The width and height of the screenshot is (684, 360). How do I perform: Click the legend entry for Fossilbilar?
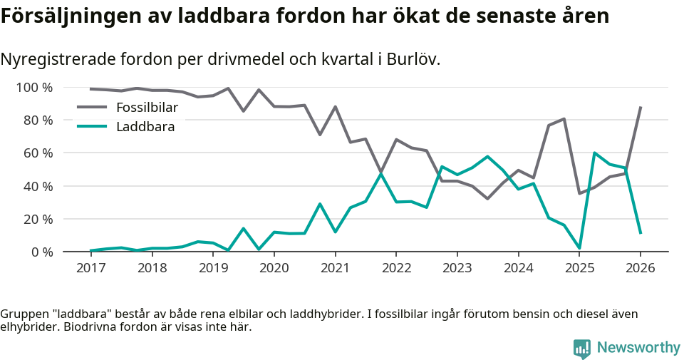point(147,108)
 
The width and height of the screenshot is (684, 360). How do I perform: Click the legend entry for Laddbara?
point(145,127)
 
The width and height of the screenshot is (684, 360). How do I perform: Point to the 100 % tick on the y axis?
point(34,88)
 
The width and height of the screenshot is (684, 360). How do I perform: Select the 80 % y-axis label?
point(38,120)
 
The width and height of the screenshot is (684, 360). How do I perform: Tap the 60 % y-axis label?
point(38,153)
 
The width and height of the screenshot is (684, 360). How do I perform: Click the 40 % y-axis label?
point(38,186)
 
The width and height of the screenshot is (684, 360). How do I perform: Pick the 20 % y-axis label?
point(38,219)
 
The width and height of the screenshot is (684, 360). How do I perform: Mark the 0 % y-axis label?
point(41,252)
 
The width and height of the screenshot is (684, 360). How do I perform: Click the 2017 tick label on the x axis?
point(90,268)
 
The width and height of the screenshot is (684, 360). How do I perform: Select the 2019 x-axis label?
point(213,268)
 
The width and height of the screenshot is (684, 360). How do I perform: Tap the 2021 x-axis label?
point(335,268)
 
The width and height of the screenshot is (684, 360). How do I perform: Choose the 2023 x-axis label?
point(457,268)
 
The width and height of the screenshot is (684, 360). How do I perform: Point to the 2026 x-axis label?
point(640,268)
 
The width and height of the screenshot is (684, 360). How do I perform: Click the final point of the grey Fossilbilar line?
point(641,107)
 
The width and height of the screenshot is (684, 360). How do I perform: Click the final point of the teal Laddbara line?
point(641,233)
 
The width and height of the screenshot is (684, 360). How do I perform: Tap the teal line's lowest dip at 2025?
point(579,248)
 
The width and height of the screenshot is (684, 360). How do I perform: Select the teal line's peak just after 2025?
point(594,153)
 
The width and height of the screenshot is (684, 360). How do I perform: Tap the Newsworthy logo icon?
point(582,349)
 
